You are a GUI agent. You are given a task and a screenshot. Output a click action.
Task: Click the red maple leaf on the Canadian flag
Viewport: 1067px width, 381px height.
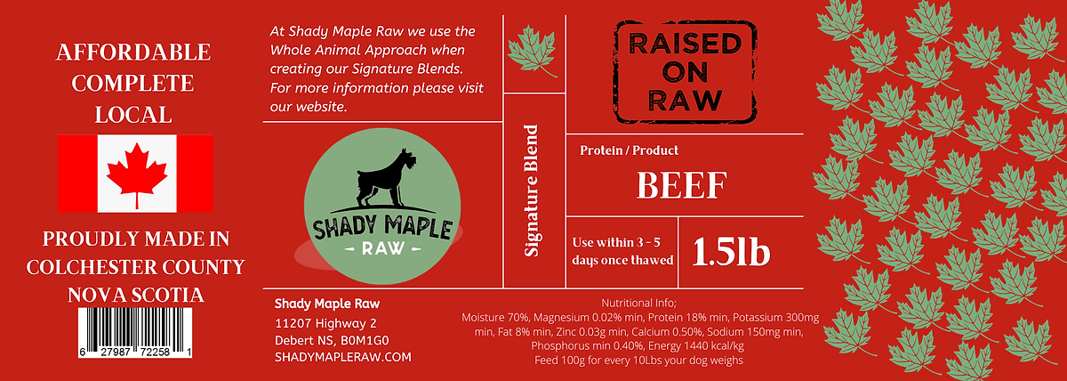[x=137, y=175]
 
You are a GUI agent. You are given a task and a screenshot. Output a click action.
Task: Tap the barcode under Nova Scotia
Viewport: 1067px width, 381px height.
[x=135, y=332]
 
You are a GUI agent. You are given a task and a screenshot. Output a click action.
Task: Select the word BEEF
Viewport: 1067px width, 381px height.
[x=682, y=185]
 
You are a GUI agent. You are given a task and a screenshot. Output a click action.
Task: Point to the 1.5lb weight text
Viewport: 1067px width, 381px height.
[x=731, y=251]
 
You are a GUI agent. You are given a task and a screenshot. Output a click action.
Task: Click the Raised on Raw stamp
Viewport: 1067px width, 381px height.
[x=685, y=71]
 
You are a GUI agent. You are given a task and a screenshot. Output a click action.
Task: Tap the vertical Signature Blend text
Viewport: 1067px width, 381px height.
[x=531, y=190]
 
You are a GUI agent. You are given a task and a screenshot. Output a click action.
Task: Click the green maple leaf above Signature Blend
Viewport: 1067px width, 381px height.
[x=533, y=51]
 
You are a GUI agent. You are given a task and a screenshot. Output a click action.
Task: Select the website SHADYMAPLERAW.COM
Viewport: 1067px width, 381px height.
[x=343, y=357]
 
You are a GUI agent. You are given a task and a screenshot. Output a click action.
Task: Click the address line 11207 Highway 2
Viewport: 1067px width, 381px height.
[x=325, y=323]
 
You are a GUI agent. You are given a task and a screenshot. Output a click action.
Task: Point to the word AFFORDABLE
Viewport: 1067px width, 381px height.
[x=133, y=52]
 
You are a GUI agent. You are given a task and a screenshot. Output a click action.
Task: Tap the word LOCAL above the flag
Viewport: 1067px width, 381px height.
[x=133, y=115]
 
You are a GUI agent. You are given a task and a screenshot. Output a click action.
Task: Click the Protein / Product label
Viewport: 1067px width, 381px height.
[x=629, y=150]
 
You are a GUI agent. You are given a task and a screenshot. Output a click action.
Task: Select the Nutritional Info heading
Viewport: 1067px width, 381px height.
[x=638, y=303]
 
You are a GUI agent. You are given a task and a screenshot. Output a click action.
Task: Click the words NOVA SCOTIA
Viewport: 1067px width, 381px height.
[x=136, y=296]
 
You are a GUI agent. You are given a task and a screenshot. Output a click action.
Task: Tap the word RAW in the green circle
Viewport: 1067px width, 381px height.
[x=383, y=248]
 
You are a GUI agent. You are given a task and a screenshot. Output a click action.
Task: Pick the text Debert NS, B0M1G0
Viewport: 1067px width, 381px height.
[x=332, y=340]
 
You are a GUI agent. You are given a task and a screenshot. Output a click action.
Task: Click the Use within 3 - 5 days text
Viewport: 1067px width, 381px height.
[x=622, y=251]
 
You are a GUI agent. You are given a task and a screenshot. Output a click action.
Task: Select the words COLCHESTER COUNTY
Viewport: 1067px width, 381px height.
[x=136, y=267]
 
